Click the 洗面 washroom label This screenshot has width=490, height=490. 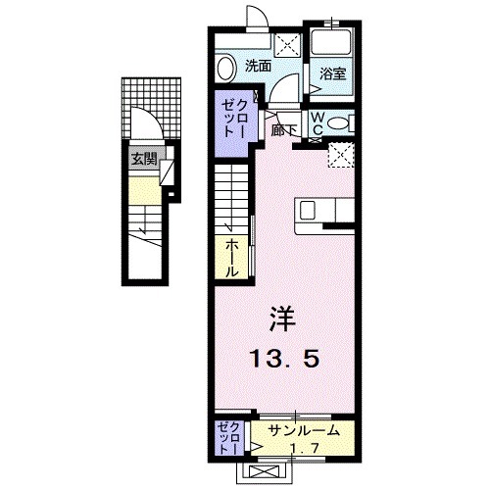click(x=258, y=67)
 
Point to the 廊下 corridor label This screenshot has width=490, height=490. click(x=285, y=129)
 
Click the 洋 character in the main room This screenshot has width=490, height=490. click(x=282, y=319)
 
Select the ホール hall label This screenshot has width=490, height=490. click(x=232, y=258)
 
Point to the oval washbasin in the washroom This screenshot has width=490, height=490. click(x=226, y=70)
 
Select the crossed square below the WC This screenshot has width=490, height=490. click(x=340, y=155)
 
